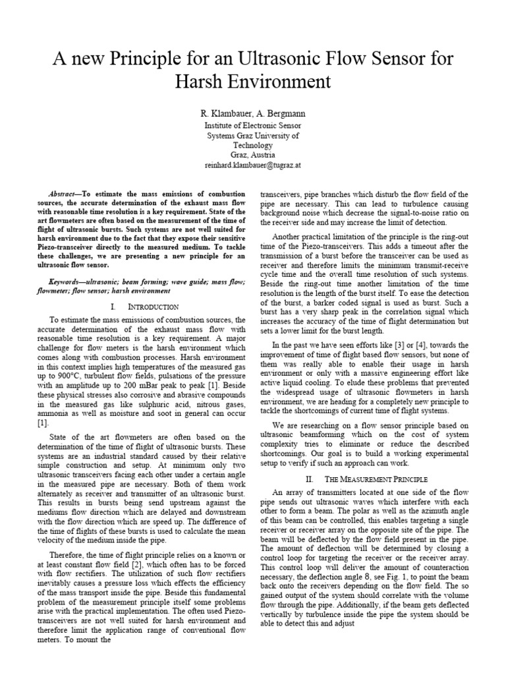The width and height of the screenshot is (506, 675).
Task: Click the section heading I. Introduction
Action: coord(145,307)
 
